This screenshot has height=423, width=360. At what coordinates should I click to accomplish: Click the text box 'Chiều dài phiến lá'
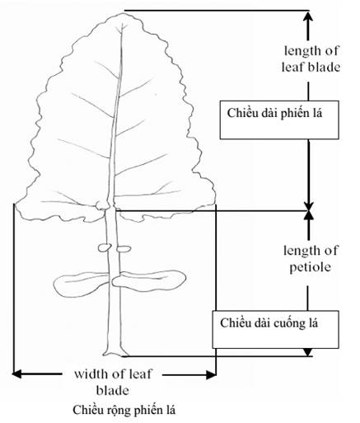(279, 120)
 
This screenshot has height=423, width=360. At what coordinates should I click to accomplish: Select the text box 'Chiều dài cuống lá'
(275, 330)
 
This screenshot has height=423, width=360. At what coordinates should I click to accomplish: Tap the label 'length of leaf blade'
(311, 59)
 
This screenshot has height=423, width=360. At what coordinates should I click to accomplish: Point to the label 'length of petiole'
(311, 259)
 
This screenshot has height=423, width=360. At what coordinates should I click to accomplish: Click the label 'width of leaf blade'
(113, 383)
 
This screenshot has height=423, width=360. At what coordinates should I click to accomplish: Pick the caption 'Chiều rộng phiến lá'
(124, 411)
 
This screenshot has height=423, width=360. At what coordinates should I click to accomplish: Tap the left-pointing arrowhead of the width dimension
(16, 374)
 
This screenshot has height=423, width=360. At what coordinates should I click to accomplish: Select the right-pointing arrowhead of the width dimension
(211, 374)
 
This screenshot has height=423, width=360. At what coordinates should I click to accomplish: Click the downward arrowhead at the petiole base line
(308, 352)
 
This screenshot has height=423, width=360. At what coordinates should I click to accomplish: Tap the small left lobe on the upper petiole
(105, 247)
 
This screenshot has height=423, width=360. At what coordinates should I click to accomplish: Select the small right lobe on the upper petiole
(124, 249)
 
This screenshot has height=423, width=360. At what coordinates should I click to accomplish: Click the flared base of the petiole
(115, 352)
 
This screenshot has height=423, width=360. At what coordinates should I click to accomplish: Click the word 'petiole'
(311, 267)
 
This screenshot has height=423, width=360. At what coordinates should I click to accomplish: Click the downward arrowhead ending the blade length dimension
(309, 205)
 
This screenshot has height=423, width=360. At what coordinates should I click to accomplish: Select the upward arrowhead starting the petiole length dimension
(309, 216)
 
